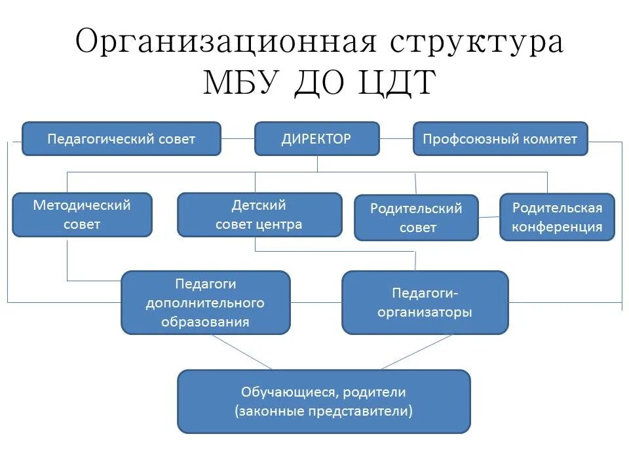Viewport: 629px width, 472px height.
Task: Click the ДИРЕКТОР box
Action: pos(316,138)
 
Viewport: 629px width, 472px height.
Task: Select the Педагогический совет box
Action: pos(121,138)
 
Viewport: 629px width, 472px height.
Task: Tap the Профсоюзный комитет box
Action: pos(500,138)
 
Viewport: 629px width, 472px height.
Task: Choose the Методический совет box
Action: pos(82,214)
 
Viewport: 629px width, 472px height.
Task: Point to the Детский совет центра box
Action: pos(259,214)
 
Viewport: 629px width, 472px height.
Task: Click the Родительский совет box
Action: pos(416,218)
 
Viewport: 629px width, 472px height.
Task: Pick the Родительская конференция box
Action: pos(557,217)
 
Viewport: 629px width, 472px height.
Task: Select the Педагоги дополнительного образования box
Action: pos(205,302)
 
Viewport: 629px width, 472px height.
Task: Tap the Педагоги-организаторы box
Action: pos(425,302)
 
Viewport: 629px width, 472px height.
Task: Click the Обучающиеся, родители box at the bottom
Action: pos(324,401)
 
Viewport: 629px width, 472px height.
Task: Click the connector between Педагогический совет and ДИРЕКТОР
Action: pos(238,138)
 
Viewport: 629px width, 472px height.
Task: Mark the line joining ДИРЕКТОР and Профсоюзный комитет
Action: pos(396,138)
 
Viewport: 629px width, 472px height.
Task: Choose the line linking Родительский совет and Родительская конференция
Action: pos(489,217)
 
